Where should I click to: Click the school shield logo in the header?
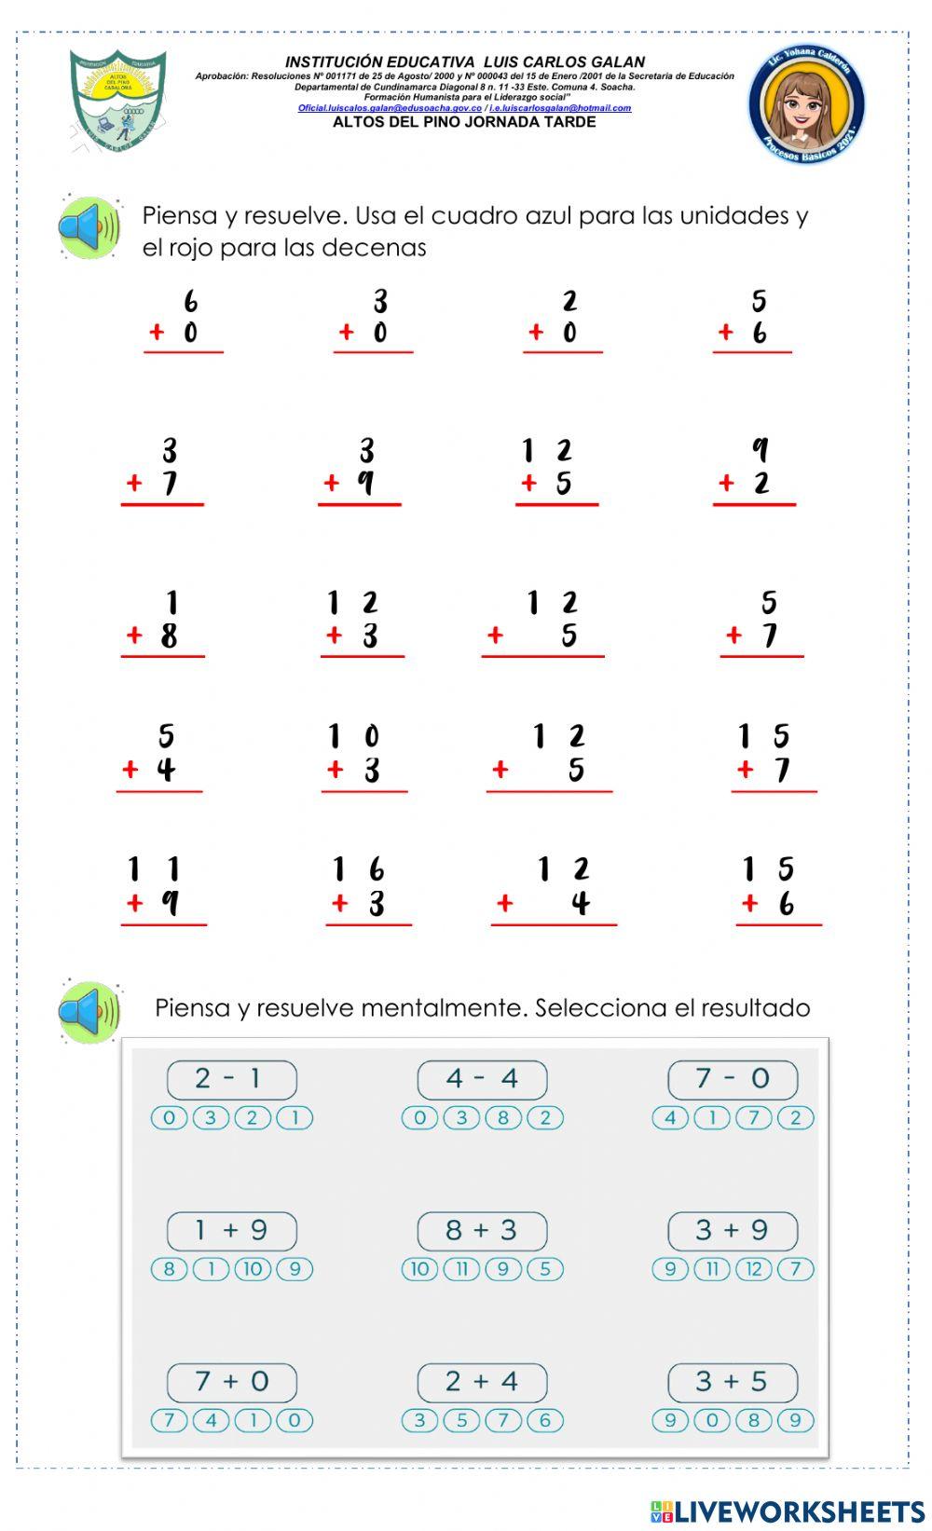coord(117,100)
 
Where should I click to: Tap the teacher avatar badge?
coord(806,104)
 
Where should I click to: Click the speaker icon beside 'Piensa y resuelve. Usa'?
coord(89,226)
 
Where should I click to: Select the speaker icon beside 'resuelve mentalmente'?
coord(89,1011)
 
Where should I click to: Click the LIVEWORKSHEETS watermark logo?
coord(788,1510)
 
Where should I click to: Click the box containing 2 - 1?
coord(232,1079)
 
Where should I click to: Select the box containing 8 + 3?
coord(482,1231)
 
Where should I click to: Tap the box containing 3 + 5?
coord(733,1382)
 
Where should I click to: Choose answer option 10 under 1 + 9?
coord(253,1269)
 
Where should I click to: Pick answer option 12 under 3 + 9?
coord(754,1269)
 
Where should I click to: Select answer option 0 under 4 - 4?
coord(419,1118)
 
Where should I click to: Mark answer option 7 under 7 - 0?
coord(754,1118)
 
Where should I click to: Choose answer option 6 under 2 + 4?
coord(545,1421)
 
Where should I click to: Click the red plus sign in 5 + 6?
coord(726,333)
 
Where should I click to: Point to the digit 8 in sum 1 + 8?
coord(169,636)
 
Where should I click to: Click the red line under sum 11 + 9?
coord(164,925)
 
